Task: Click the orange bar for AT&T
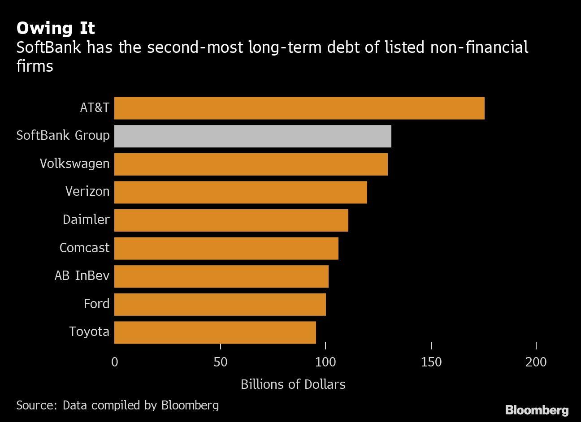point(299,108)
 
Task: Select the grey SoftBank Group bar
point(252,136)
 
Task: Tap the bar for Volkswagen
point(251,164)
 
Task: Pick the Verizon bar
point(240,192)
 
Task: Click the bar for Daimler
point(231,220)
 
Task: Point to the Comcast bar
point(226,248)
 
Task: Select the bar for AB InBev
point(221,276)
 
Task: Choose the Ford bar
point(220,304)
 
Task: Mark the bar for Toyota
point(215,332)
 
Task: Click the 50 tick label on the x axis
point(220,362)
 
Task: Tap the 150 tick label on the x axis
point(431,362)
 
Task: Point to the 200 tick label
point(536,362)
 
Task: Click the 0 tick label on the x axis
point(115,362)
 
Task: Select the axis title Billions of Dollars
point(293,384)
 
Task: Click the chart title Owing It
point(56,28)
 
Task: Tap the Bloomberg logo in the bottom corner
point(537,410)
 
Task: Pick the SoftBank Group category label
point(63,136)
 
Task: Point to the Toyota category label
point(89,332)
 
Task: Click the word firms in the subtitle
point(35,66)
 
